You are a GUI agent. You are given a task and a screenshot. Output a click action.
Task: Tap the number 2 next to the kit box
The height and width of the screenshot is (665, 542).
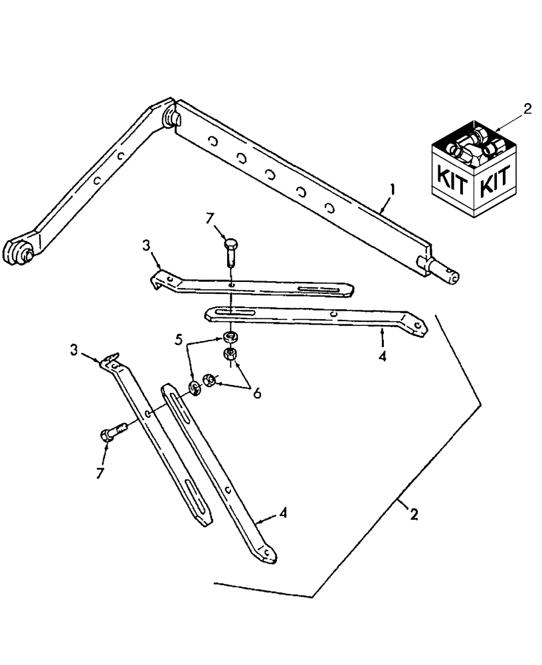click(x=527, y=110)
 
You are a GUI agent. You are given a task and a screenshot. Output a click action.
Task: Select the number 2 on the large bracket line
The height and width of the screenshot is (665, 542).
click(x=413, y=514)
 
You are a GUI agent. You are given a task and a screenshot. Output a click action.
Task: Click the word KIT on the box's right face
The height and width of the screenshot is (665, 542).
click(x=494, y=178)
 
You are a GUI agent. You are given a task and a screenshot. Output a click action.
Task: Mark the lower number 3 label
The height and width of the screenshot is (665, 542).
click(x=74, y=349)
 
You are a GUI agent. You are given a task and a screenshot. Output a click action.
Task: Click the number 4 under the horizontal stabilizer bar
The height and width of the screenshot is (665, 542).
click(x=382, y=356)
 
